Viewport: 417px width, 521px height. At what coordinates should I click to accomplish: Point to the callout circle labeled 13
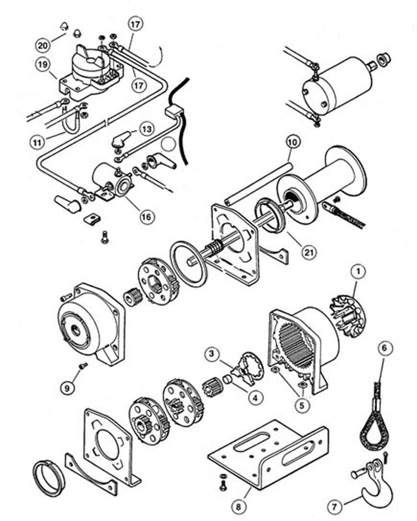pyautogui.click(x=148, y=129)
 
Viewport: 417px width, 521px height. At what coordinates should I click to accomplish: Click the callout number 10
pyautogui.click(x=292, y=141)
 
